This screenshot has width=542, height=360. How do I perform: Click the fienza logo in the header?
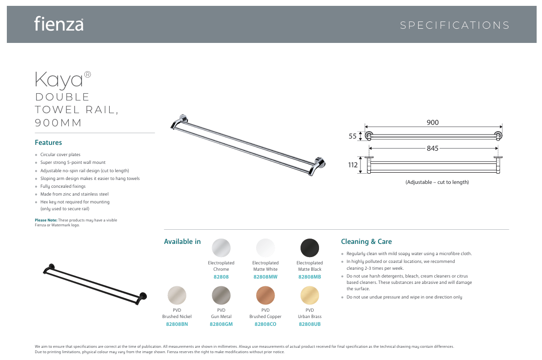coord(59,24)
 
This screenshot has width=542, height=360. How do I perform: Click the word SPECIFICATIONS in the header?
coord(455,25)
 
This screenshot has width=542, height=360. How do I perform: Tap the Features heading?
coord(48,142)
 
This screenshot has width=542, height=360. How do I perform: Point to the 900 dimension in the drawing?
coord(433,122)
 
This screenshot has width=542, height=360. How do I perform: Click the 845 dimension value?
coord(433,148)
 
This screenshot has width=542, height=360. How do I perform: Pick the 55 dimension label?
coord(353,137)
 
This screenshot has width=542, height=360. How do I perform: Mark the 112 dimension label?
coord(353,165)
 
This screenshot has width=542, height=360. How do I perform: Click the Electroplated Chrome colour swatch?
coord(221,247)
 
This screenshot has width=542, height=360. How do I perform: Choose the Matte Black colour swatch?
coord(310,247)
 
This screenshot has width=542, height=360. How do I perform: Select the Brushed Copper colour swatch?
coord(265,295)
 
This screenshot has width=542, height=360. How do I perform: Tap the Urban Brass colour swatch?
coord(310,295)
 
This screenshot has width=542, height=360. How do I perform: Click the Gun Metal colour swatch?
coord(221,295)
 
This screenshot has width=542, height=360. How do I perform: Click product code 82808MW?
coord(265,277)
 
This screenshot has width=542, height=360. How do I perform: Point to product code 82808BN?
coord(177,324)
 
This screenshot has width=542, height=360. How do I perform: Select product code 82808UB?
coord(310,324)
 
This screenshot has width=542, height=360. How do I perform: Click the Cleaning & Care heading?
coord(366,241)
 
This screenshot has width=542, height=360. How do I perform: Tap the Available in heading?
coord(182,241)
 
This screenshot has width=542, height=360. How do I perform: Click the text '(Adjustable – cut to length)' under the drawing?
coord(437,182)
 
